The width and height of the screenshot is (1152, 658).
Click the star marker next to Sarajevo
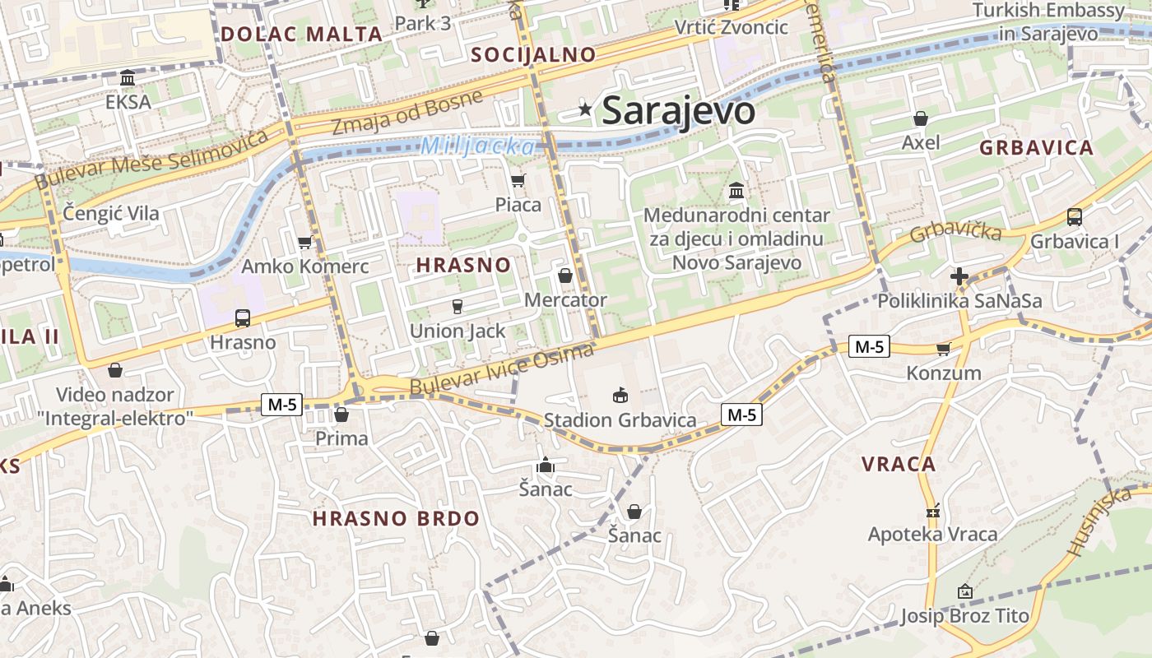[585, 109]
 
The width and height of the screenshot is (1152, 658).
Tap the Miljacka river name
[478, 146]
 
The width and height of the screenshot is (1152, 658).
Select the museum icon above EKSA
[128, 78]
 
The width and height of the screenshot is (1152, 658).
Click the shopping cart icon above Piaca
[518, 180]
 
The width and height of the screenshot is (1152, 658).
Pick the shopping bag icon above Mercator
[564, 275]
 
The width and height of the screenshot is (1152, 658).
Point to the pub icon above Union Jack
[458, 307]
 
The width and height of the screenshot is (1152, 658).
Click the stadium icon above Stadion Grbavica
[620, 396]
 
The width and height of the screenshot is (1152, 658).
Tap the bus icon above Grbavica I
[1074, 217]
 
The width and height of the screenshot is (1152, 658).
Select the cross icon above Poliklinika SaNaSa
[959, 276]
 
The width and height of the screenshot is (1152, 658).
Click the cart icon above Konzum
[943, 349]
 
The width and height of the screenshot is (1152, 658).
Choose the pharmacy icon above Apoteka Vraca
[932, 511]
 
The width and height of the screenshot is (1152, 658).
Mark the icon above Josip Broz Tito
[964, 591]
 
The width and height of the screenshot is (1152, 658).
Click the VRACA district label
[899, 464]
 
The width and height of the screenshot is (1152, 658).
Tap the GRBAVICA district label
[1036, 148]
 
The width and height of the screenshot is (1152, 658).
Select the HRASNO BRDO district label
[396, 518]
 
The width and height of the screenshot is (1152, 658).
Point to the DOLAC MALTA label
[302, 34]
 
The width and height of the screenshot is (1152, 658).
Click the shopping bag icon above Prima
[341, 414]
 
